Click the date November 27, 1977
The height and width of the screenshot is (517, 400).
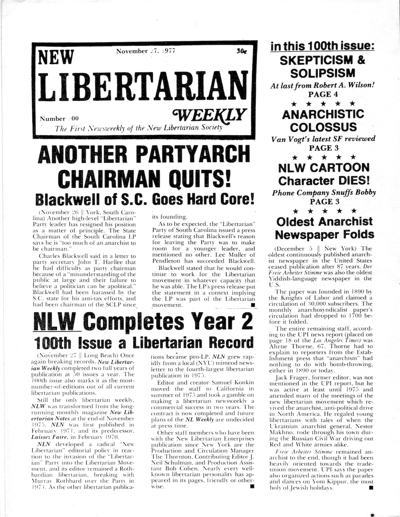click(145, 51)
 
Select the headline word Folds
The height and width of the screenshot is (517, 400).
click(350, 234)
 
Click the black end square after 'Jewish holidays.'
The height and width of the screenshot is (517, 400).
click(370, 487)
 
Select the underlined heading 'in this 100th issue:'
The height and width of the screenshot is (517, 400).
click(322, 46)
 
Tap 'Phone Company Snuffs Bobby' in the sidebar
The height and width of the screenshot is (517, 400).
click(323, 193)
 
